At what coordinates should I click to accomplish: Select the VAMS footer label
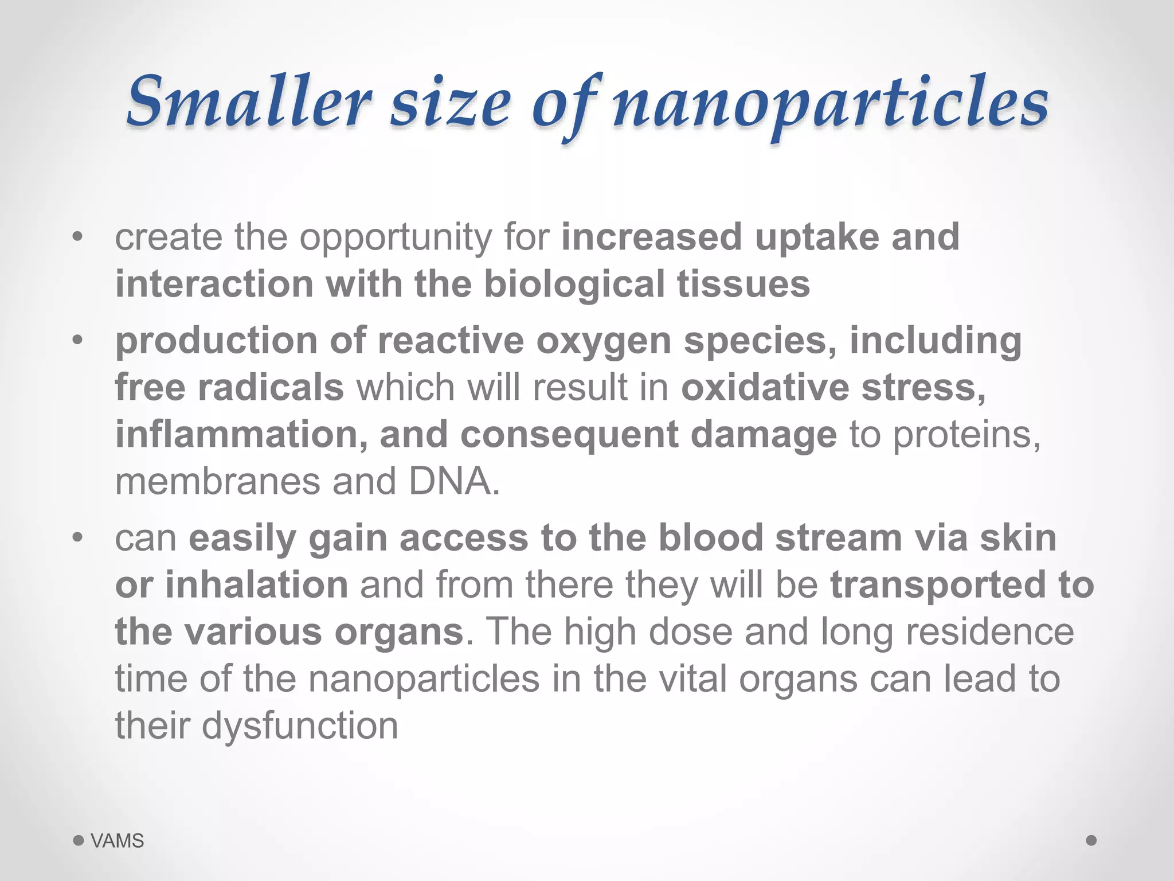pos(118,841)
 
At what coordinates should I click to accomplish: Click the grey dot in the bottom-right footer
pos(1091,840)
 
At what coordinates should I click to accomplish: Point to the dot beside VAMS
pos(79,841)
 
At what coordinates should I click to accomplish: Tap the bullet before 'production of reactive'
pos(78,341)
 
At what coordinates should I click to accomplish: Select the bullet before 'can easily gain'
pos(78,538)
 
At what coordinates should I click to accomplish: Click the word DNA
pos(454,481)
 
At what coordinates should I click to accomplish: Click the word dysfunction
pos(300,726)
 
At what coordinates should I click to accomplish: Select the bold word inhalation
pos(257,585)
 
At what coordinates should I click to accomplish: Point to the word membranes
pos(217,481)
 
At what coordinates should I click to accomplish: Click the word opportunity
pos(396,238)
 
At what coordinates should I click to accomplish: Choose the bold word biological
pos(574,285)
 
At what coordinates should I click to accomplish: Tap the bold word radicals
pos(271,388)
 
